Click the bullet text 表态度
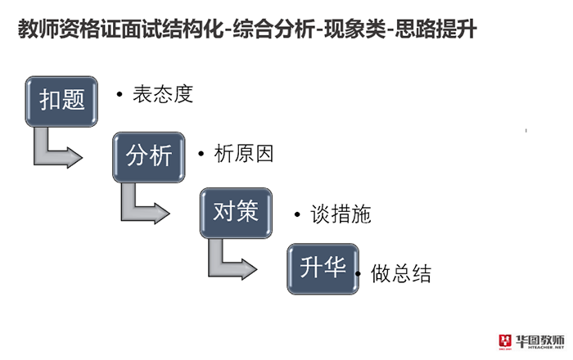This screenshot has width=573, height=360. (x=163, y=94)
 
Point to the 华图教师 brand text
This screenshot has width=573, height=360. (x=541, y=339)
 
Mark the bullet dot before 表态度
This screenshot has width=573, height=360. (x=120, y=95)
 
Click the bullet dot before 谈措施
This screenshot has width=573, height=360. (x=297, y=214)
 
